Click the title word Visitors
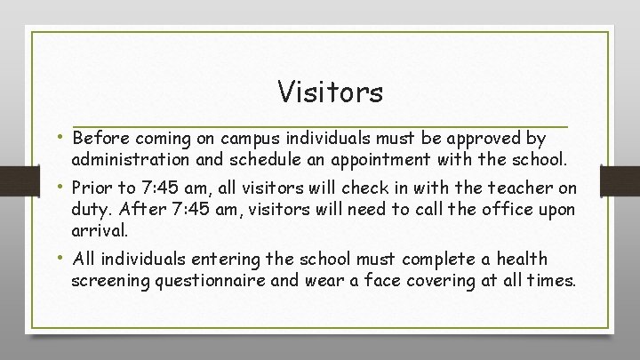[330, 91]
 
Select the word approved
[487, 140]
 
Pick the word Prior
[93, 188]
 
